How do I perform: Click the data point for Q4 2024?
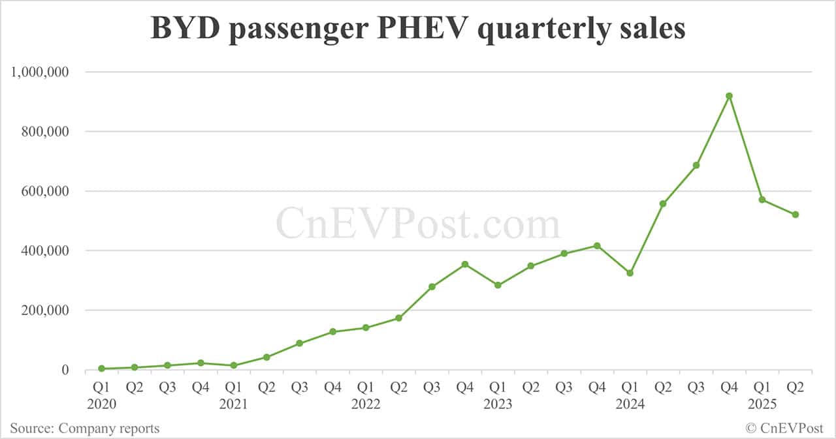(x=730, y=96)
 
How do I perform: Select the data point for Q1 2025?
(x=762, y=200)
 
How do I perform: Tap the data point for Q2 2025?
(x=796, y=215)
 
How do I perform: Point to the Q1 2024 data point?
(x=630, y=273)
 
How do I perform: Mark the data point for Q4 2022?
(x=465, y=264)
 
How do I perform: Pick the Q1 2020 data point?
(x=101, y=369)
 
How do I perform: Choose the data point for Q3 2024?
(x=696, y=165)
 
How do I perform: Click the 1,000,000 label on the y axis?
(x=40, y=72)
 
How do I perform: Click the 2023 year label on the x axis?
(x=498, y=404)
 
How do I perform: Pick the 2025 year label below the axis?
(x=762, y=404)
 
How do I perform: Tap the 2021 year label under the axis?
(x=233, y=404)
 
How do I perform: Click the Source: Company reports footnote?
(x=84, y=429)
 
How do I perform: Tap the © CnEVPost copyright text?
(x=784, y=429)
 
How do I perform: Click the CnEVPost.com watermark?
(x=418, y=224)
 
